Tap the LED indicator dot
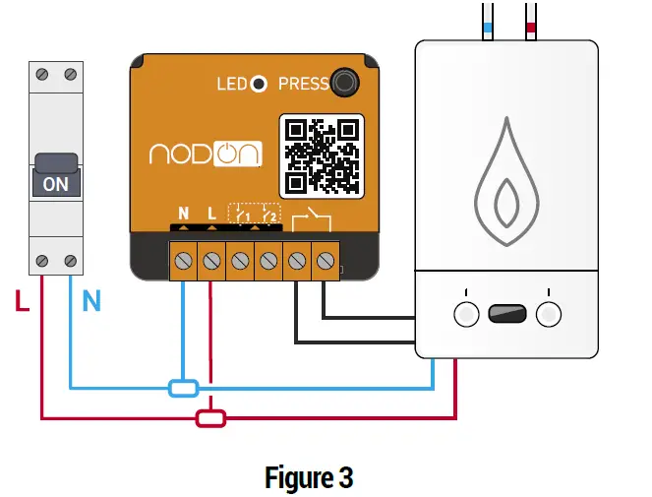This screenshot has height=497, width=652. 259,84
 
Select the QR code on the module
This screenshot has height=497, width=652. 323,155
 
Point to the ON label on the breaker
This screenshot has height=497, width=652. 56,184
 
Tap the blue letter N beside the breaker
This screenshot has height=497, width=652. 91,302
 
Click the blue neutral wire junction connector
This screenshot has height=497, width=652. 184,388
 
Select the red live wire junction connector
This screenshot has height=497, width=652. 210,418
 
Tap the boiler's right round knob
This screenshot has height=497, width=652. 549,314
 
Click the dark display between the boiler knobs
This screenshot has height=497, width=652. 507,314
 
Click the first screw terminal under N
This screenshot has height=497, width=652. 183,261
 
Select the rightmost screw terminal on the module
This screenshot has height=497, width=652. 326,261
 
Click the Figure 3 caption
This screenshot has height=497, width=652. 309,478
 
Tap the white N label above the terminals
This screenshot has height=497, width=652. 183,213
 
